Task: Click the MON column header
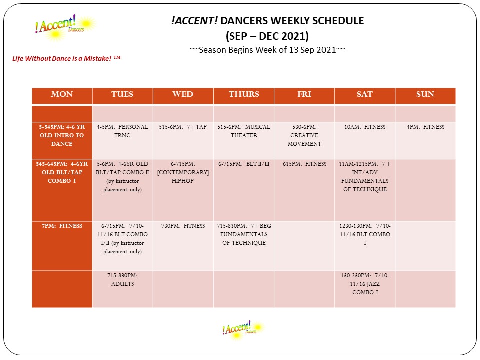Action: [x=62, y=95]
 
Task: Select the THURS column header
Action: [x=244, y=95]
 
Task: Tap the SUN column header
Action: [x=425, y=95]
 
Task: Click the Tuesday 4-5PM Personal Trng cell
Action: [x=122, y=131]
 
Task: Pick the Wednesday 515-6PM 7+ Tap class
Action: [x=183, y=127]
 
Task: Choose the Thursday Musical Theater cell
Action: [x=244, y=131]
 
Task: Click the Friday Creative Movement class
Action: [x=304, y=135]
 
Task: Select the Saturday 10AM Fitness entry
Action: [x=365, y=127]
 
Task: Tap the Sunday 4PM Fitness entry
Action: [x=425, y=127]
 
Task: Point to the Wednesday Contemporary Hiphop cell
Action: [x=183, y=172]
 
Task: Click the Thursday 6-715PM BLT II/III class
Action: [x=244, y=164]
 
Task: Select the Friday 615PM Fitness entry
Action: [x=304, y=164]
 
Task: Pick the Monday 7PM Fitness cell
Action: [x=62, y=226]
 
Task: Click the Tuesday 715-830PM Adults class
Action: [x=122, y=280]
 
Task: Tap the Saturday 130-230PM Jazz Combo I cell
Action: [x=365, y=284]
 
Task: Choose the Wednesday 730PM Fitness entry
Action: [x=183, y=226]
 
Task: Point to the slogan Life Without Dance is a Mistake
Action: [x=66, y=58]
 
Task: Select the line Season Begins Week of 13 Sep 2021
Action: [x=268, y=50]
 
